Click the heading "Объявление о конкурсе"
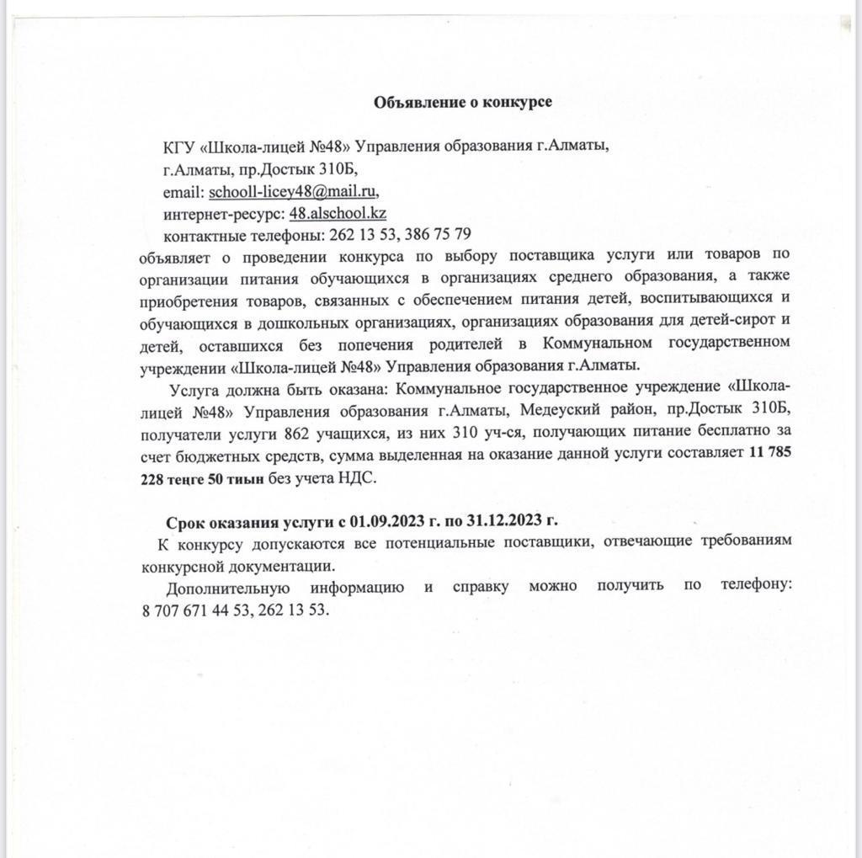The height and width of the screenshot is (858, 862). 463,102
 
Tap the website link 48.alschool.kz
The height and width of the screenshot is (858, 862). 338,213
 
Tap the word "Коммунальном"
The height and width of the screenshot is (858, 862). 598,343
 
